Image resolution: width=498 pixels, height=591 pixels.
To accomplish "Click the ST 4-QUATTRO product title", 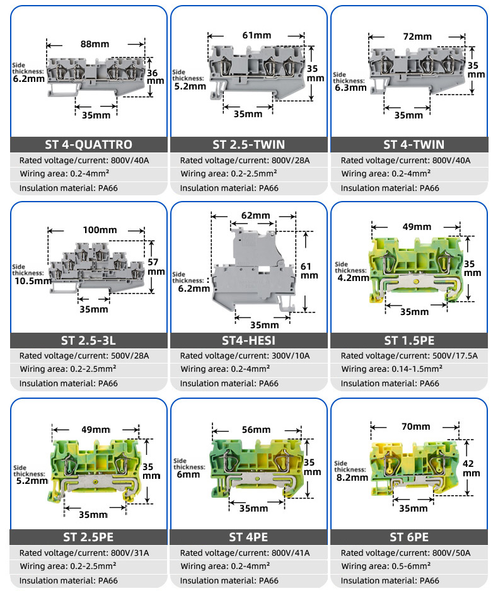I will point(88,144).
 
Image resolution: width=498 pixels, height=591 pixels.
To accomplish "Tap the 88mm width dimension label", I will point(94,44).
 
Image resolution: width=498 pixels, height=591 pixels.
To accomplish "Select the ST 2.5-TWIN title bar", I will point(249,144).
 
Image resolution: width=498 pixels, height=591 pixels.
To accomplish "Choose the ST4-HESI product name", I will point(249,341).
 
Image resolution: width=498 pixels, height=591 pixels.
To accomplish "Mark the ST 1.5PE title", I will point(410,341).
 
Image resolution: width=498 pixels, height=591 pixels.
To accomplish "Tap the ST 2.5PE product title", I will point(88,537).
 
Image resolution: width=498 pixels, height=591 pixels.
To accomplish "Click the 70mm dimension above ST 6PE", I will point(415,426).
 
